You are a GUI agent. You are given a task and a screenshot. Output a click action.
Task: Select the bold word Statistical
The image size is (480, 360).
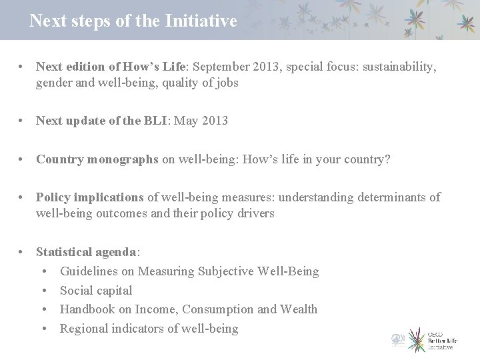pos(65,253)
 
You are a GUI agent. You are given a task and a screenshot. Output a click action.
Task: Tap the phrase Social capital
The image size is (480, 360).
pos(96,290)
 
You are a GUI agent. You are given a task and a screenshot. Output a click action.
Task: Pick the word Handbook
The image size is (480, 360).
pos(88,309)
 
